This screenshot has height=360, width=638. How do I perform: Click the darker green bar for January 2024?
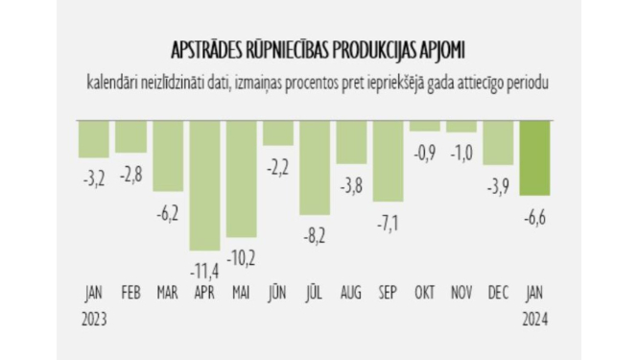click(x=533, y=157)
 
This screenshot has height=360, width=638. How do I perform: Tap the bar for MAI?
click(x=241, y=180)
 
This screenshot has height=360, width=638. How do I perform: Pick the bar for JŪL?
click(x=315, y=167)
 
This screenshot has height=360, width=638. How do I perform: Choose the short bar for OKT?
click(x=424, y=126)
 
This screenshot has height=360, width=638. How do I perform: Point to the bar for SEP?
click(x=388, y=162)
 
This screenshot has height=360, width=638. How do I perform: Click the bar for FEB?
click(x=130, y=136)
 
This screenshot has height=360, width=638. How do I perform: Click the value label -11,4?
click(x=204, y=270)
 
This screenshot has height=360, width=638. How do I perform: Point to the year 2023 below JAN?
click(x=93, y=317)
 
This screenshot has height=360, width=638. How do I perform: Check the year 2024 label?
click(x=533, y=317)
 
